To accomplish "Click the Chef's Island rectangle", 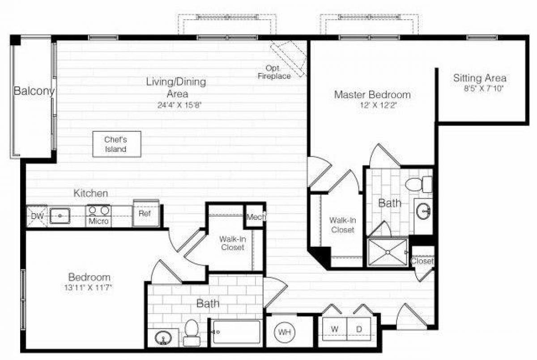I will tap(116, 144).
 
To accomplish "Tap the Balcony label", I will tap(34, 91).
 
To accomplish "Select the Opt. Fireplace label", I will tap(274, 72).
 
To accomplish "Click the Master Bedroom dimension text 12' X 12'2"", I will tap(372, 105).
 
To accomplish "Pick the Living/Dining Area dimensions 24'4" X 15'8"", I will tap(176, 106).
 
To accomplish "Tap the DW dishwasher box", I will tap(36, 216).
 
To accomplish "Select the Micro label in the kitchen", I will tap(99, 221).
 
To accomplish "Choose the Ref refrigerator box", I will tap(145, 214).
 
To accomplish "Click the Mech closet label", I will tap(256, 217).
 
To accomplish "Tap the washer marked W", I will tap(334, 330).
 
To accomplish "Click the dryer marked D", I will tap(359, 330).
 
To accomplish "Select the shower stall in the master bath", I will tap(388, 253).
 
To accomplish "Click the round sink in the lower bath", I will tap(162, 338).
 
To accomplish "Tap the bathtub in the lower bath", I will tap(236, 332).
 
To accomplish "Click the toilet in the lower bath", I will tap(192, 332).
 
